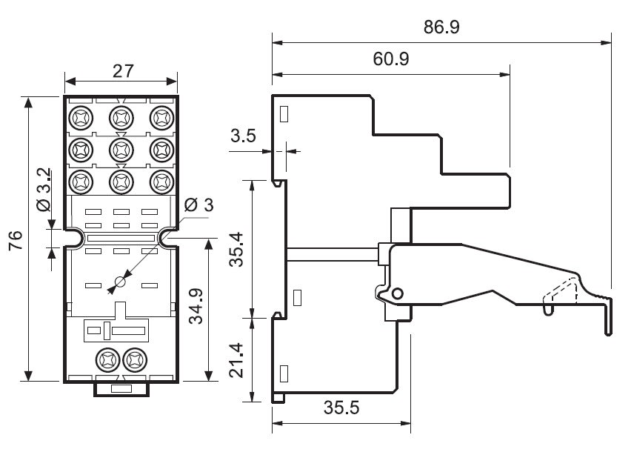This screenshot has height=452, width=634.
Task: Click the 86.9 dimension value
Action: pos(442,27)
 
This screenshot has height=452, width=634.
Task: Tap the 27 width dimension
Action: pos(122,71)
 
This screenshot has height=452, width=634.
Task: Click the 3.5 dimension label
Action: pos(243,136)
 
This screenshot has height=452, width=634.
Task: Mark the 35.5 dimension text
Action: pos(341,408)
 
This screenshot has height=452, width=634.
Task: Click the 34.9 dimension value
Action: pos(196,305)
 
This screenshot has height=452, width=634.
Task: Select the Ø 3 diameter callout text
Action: pos(198,205)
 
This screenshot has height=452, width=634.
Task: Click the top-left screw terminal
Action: pos(80,117)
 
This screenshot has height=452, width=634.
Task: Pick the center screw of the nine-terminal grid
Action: pos(121,149)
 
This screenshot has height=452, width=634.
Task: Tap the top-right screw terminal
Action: pos(161,117)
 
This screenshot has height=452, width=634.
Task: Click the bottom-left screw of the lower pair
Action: pos(107,360)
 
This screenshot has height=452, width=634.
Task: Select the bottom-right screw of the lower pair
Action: pos(135,360)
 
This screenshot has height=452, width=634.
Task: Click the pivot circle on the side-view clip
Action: pos(398,294)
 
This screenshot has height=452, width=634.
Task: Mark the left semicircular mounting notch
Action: pos(74,237)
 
